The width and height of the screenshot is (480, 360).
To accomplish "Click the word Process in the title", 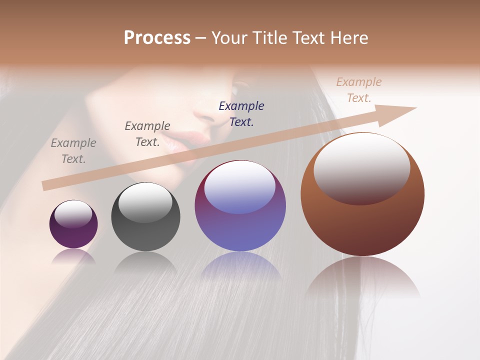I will pyautogui.click(x=157, y=38).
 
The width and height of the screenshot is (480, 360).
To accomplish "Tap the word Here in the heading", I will pyautogui.click(x=348, y=38).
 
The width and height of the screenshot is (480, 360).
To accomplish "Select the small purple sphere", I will pyautogui.click(x=73, y=224).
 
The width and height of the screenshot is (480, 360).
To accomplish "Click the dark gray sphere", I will pyautogui.click(x=145, y=217).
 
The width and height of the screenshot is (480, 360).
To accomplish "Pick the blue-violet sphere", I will pyautogui.click(x=240, y=206).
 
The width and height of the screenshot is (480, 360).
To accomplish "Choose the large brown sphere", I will pyautogui.click(x=362, y=194).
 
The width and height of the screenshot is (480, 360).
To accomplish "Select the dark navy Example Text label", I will pyautogui.click(x=241, y=113).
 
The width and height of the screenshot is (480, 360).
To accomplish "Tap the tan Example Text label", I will pyautogui.click(x=358, y=90).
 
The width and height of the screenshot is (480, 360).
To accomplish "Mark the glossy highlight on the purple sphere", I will pyautogui.click(x=73, y=214).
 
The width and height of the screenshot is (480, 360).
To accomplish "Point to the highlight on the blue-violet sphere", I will pyautogui.click(x=239, y=187).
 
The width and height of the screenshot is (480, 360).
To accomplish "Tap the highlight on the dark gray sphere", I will pyautogui.click(x=145, y=202).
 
